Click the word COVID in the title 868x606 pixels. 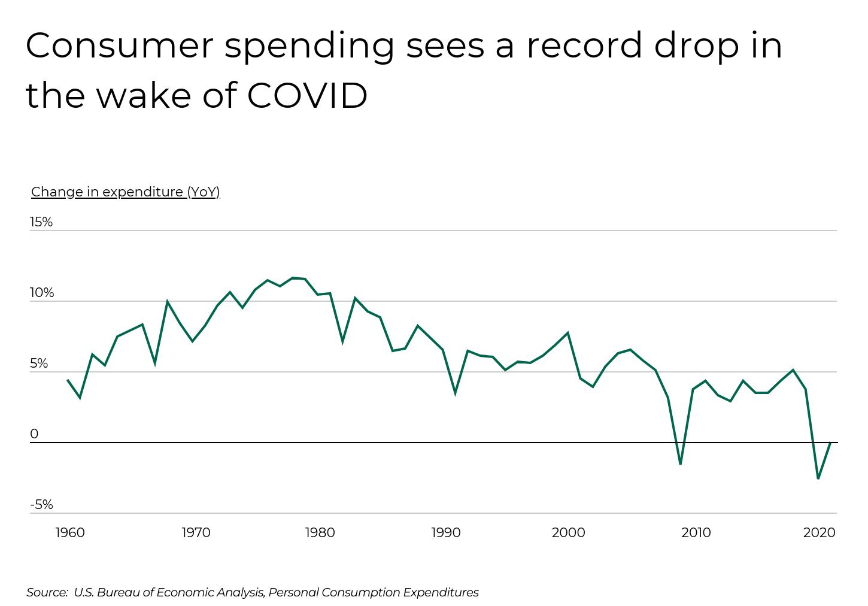307,95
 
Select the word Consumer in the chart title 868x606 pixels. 119,46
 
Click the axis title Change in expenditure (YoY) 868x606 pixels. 126,192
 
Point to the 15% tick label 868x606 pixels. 41,222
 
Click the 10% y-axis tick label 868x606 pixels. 42,293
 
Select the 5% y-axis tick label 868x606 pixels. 39,363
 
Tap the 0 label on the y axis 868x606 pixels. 34,434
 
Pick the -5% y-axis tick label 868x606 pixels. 41,505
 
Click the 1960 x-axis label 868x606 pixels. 70,532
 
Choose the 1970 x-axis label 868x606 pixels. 196,532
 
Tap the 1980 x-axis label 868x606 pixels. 320,532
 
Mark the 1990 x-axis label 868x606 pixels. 446,532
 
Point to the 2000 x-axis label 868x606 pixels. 568,532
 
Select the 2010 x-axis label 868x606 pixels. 696,532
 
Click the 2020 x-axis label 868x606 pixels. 819,532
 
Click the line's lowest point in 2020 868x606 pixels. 818,478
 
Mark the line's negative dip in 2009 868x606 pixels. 680,463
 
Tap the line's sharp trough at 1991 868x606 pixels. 455,393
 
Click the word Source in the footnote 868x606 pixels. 47,592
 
